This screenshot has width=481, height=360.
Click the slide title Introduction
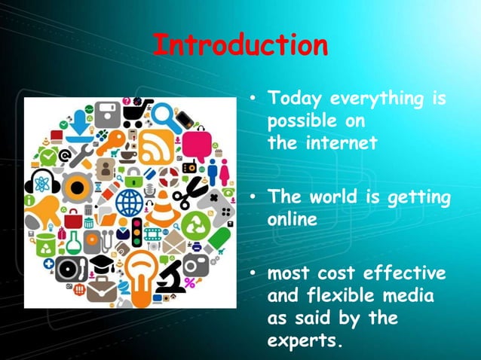tap(240, 45)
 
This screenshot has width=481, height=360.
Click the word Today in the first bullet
tap(295, 99)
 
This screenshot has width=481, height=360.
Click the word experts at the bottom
tap(305, 340)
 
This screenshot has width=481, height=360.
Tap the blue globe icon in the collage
tap(129, 203)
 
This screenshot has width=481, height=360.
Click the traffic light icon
tap(137, 231)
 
